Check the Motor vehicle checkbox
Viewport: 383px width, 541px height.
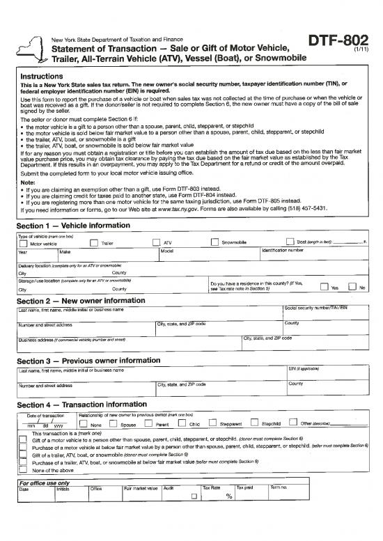(x=22, y=243)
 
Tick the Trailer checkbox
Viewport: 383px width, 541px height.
(x=93, y=243)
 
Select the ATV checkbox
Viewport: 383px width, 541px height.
(x=157, y=243)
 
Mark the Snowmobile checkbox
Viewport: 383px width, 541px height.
(x=215, y=243)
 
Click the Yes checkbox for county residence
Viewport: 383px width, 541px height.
(x=324, y=286)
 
